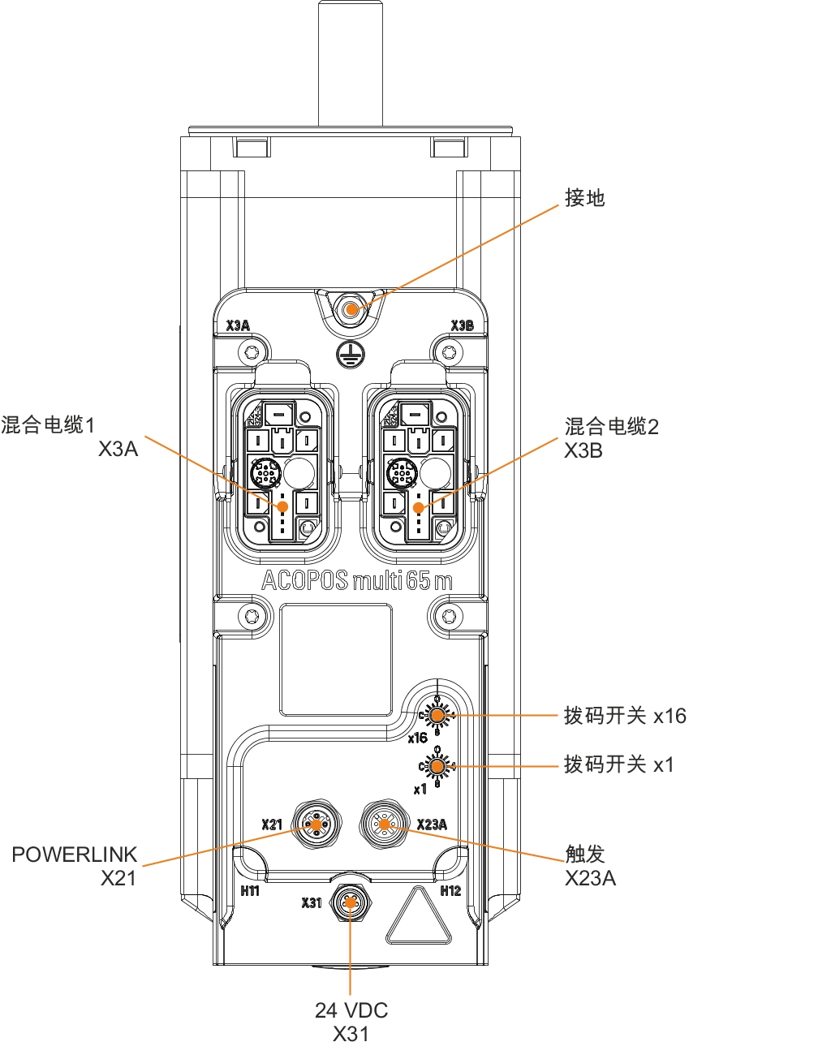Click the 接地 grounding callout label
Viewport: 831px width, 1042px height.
[584, 198]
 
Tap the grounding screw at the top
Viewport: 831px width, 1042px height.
[351, 309]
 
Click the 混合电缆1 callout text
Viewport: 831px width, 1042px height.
[48, 424]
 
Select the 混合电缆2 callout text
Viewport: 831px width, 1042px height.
[612, 426]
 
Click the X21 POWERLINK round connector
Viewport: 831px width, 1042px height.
[315, 825]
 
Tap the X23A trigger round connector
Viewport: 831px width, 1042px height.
[384, 825]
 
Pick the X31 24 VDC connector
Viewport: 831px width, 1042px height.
[351, 902]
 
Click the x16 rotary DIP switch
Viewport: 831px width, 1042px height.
[437, 716]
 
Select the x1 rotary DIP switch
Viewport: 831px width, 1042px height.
[437, 765]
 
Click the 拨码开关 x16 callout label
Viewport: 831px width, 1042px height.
[625, 716]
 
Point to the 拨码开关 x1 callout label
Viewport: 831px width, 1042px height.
[618, 764]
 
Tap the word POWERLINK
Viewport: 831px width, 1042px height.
[75, 855]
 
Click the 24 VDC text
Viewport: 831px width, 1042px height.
[351, 1010]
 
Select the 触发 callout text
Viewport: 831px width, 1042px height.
[585, 854]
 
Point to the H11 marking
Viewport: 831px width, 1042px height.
[250, 891]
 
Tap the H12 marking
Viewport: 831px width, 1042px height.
[450, 891]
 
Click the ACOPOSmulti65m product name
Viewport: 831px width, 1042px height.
[357, 581]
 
